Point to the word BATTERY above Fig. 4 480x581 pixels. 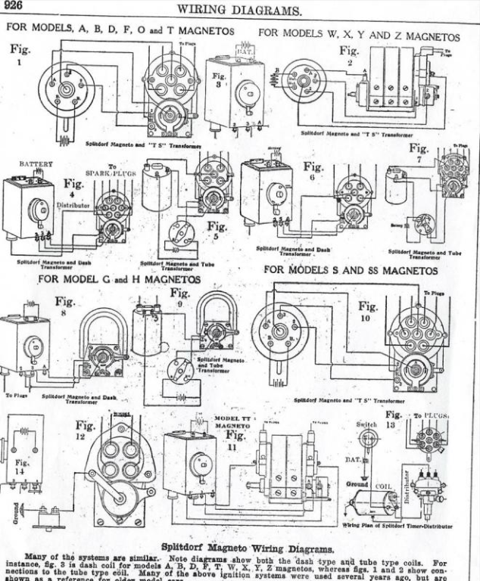pyautogui.click(x=36, y=164)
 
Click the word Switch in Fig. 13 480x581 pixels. pyautogui.click(x=366, y=425)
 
